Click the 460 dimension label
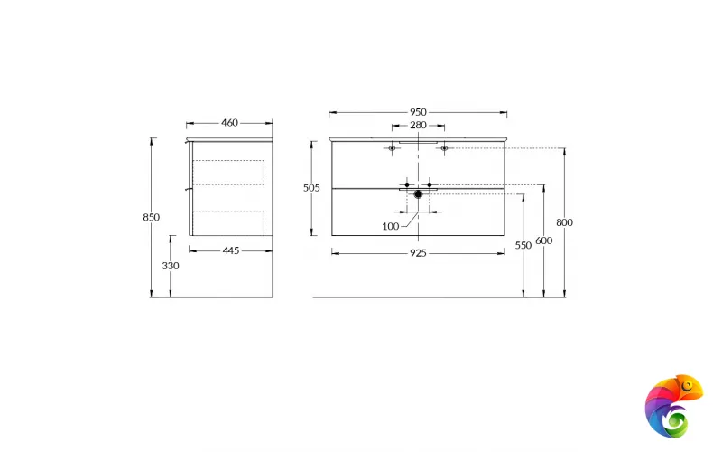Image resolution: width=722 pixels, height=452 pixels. coord(229,123)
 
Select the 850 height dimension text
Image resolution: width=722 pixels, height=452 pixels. coord(151,217)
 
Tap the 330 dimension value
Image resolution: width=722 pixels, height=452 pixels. coord(171,266)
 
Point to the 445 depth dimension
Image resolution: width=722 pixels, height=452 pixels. coord(230,250)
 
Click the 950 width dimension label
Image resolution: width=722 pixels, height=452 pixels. coord(418,112)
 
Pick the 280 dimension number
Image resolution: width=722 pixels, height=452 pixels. coord(418,126)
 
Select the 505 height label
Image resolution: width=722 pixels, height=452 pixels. coord(311,188)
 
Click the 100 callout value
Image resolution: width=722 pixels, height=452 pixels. coord(390,225)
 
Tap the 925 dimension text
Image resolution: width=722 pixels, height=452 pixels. coord(418,254)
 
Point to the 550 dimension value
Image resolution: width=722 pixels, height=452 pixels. coord(523,245)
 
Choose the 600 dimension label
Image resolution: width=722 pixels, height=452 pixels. coord(543,240)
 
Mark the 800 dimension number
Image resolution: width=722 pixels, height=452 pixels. coord(565,222)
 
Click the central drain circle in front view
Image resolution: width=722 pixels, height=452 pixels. coord(418,193)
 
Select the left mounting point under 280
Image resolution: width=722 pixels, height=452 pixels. coord(392,148)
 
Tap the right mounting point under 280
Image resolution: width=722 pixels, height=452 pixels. coord(444,148)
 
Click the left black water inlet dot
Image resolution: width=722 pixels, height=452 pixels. coord(407,184)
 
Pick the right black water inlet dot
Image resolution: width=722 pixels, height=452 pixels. coord(430,184)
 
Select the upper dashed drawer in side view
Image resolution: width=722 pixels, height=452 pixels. coord(228,173)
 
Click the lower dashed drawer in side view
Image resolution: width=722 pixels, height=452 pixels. coord(228,222)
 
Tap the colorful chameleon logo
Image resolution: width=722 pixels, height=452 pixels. coord(673,405)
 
